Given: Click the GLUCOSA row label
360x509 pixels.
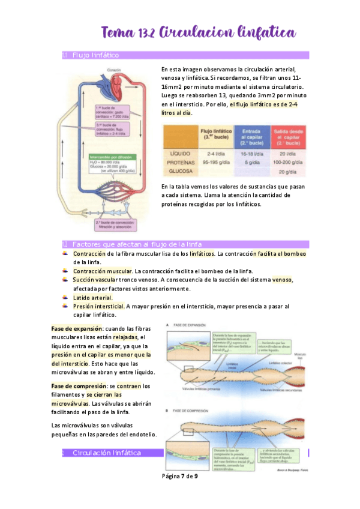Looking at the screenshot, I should tap(180, 170).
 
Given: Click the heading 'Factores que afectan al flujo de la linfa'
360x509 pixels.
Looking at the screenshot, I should tap(137, 244).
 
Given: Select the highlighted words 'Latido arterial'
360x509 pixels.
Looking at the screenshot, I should tap(92, 297).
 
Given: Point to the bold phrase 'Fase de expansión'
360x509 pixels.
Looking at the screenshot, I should tap(76, 329).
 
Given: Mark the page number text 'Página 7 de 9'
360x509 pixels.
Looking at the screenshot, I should tap(180, 477).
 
